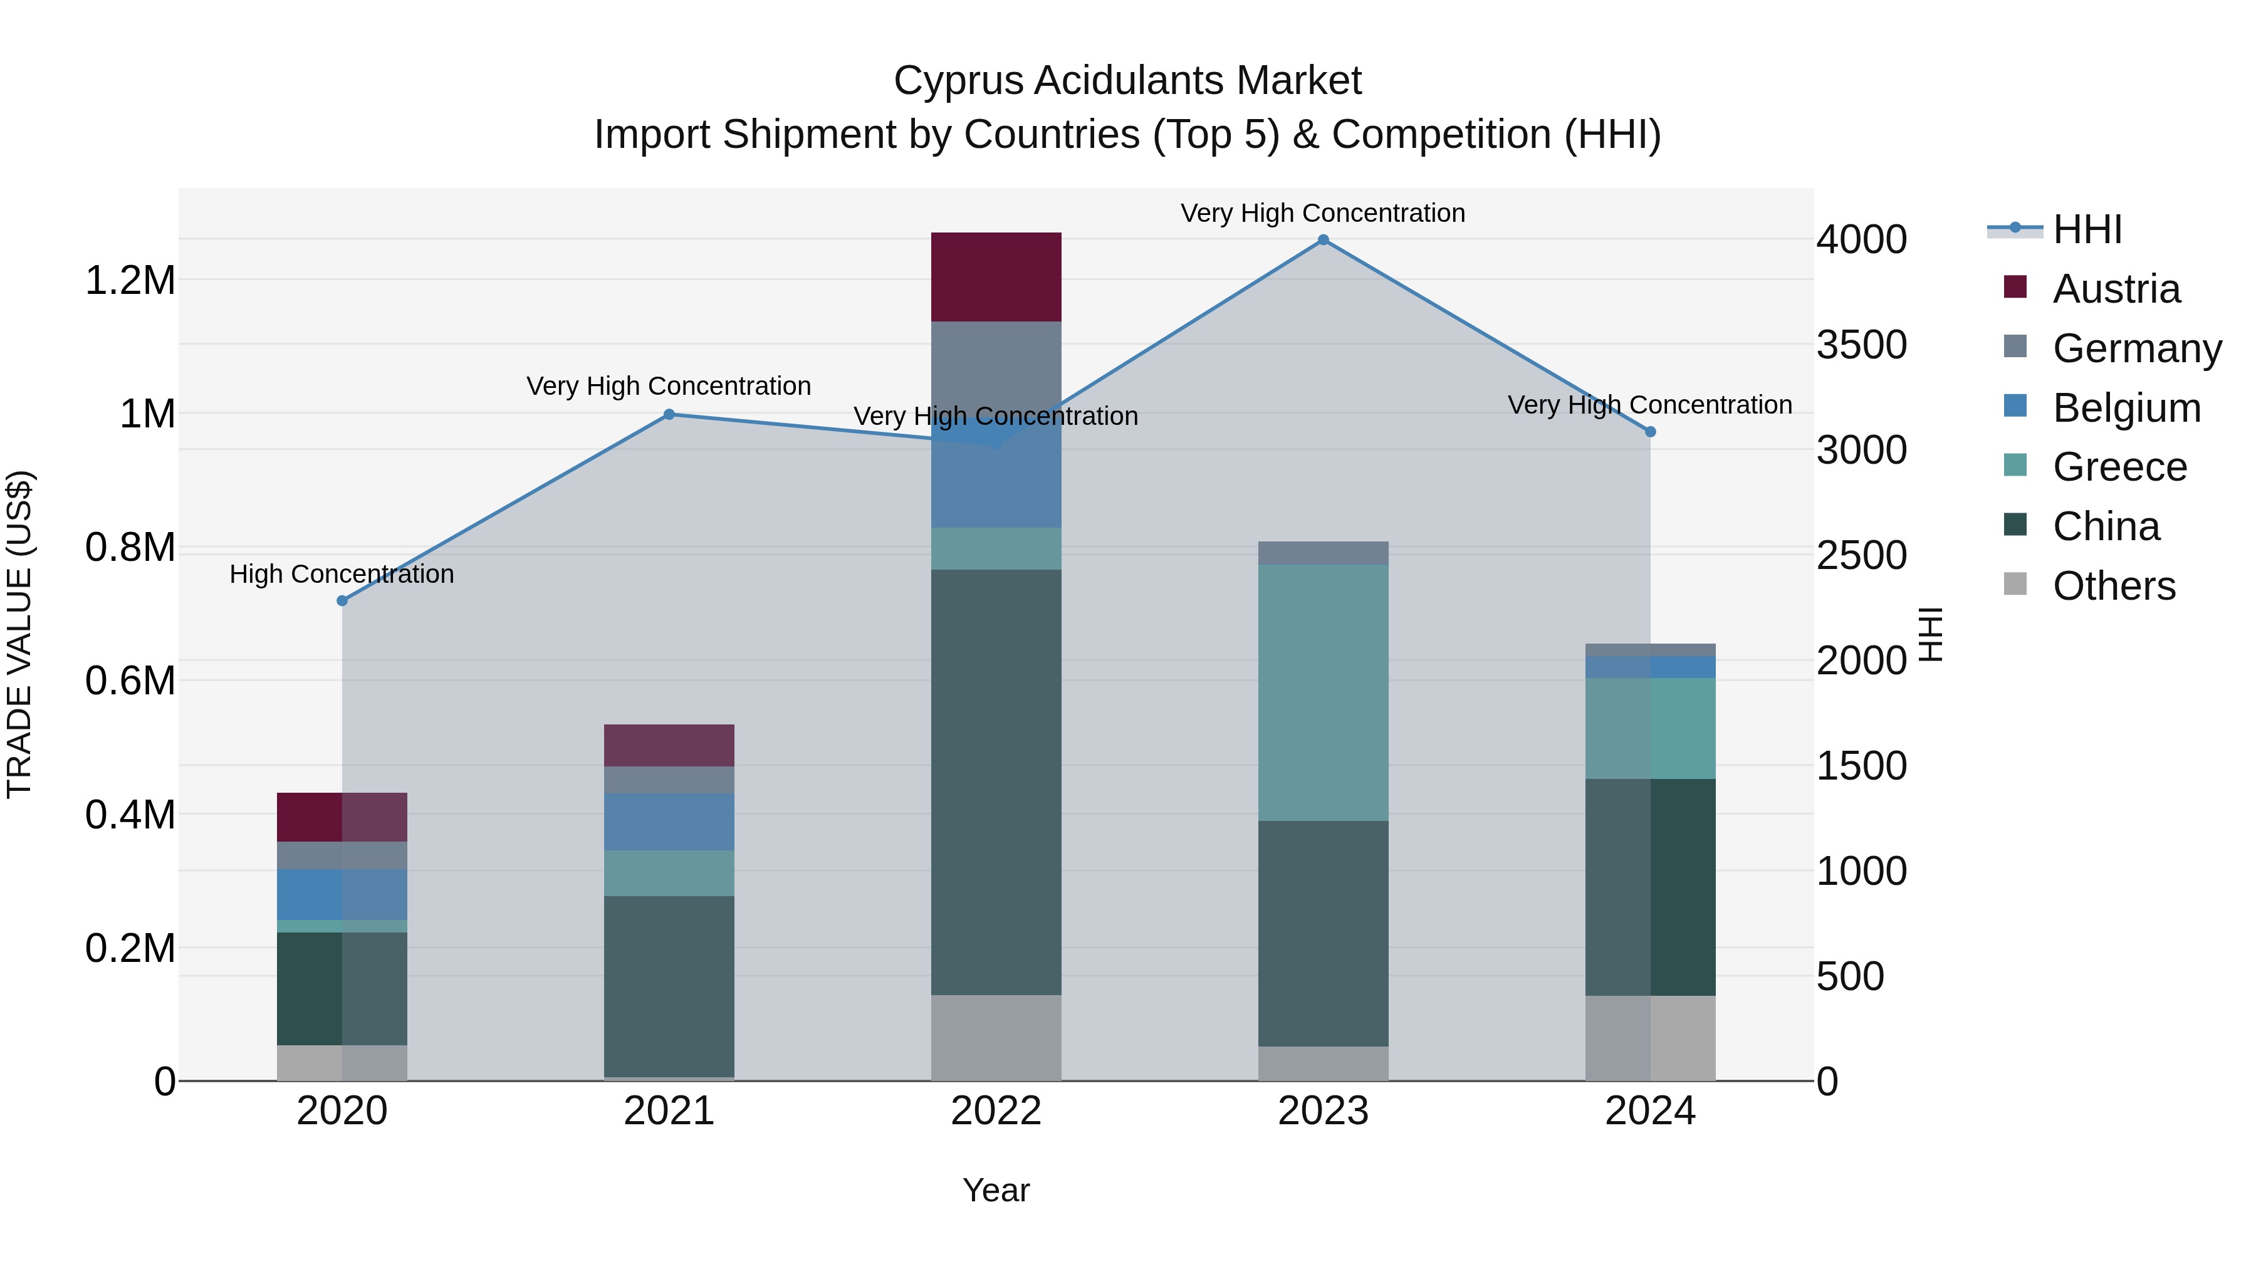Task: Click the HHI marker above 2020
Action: pyautogui.click(x=342, y=601)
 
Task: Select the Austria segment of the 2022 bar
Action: pyautogui.click(x=996, y=277)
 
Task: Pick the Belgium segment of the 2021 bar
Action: pyautogui.click(x=669, y=822)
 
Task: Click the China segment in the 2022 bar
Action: pyautogui.click(x=996, y=781)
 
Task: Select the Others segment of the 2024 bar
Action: pyautogui.click(x=1650, y=1038)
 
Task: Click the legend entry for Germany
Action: pyautogui.click(x=2136, y=348)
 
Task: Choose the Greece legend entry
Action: pyautogui.click(x=2119, y=467)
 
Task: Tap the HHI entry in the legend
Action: pyautogui.click(x=2086, y=229)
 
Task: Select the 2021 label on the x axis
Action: pyautogui.click(x=669, y=1111)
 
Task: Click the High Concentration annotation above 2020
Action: pyautogui.click(x=342, y=575)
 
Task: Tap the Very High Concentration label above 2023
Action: pyautogui.click(x=1322, y=213)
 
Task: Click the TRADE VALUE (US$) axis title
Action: pyautogui.click(x=19, y=634)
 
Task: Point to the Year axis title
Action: pyautogui.click(x=996, y=1190)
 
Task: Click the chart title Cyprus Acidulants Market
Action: pyautogui.click(x=1127, y=81)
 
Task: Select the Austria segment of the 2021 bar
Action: pyautogui.click(x=669, y=745)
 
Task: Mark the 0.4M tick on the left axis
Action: pyautogui.click(x=130, y=815)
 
